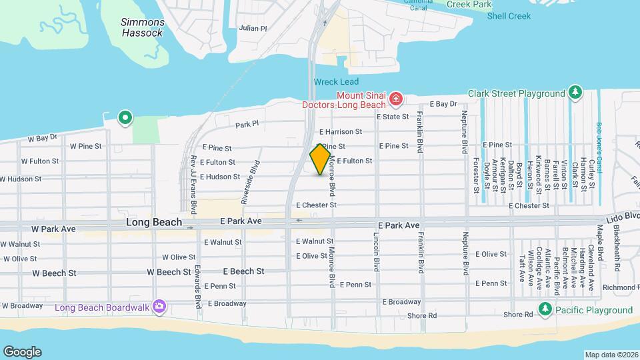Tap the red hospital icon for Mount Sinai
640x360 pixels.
[x=396, y=100]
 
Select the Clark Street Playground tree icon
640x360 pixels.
[x=575, y=93]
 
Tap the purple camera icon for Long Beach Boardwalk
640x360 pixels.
[x=159, y=307]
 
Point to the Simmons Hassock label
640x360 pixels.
[x=142, y=27]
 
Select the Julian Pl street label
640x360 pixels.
[x=253, y=29]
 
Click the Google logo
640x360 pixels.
[x=22, y=351]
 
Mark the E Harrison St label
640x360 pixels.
[x=340, y=132]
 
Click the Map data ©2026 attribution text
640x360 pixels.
[x=611, y=355]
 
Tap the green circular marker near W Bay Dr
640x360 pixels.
[x=124, y=118]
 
